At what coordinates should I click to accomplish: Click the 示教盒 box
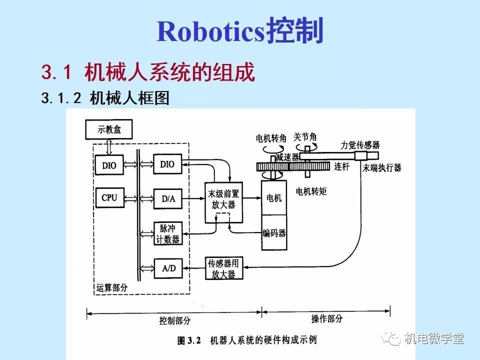coord(109,129)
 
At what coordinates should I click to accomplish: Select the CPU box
coord(109,197)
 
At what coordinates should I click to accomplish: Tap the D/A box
coord(168,198)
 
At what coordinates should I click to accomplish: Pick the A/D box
coord(168,268)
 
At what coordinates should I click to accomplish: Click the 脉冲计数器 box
coord(168,233)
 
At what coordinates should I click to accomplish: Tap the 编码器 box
coord(274,232)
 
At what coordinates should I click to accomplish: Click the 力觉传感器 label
coord(360,145)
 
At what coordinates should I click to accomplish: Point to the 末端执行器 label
coord(382,168)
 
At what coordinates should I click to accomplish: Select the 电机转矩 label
coord(311,191)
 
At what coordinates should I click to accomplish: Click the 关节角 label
coord(305,136)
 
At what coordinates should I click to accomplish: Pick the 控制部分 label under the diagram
coord(175,320)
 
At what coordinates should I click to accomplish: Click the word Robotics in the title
coord(210,31)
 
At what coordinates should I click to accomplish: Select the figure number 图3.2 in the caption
coord(189,341)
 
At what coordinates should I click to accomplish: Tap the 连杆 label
coord(341,166)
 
